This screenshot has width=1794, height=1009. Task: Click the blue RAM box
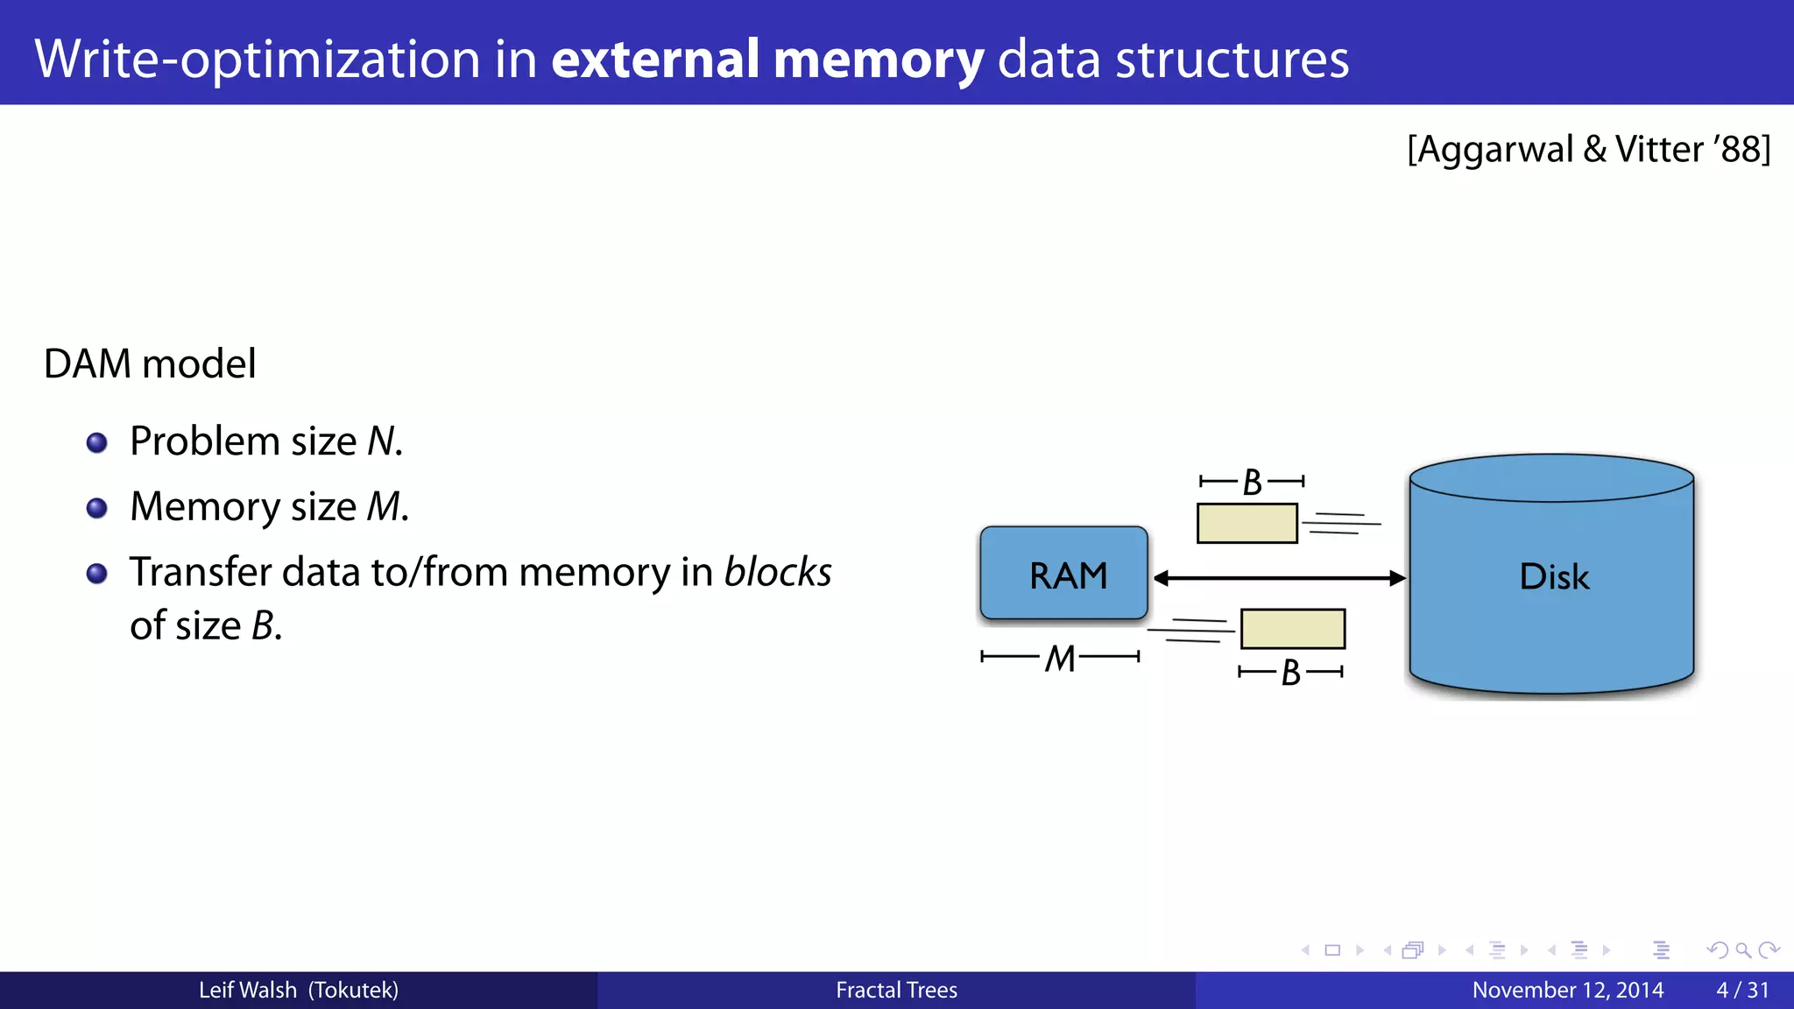(x=1063, y=575)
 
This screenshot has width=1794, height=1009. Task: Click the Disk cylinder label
(x=1553, y=577)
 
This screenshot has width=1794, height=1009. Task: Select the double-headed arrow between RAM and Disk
(x=1279, y=578)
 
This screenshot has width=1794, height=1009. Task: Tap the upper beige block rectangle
(x=1247, y=523)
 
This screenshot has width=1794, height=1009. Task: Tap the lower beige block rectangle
(x=1292, y=629)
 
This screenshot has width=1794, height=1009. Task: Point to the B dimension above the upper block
(x=1252, y=482)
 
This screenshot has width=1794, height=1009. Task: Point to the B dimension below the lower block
(x=1290, y=673)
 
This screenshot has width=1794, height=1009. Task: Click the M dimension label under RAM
(x=1060, y=658)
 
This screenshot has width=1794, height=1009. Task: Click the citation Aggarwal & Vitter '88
(x=1588, y=149)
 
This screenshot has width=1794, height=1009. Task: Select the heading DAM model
(x=150, y=363)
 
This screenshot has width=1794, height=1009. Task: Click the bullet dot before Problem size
(x=97, y=442)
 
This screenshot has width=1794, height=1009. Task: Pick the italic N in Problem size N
(x=382, y=441)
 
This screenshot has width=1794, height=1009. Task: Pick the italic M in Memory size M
(x=384, y=506)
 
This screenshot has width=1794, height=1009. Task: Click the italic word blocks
(x=777, y=572)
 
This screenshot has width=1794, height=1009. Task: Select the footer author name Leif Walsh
(x=248, y=990)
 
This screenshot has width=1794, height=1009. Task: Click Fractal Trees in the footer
(x=896, y=990)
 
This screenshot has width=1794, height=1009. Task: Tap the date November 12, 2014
(x=1567, y=990)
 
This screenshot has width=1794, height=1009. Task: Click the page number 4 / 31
(x=1742, y=990)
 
